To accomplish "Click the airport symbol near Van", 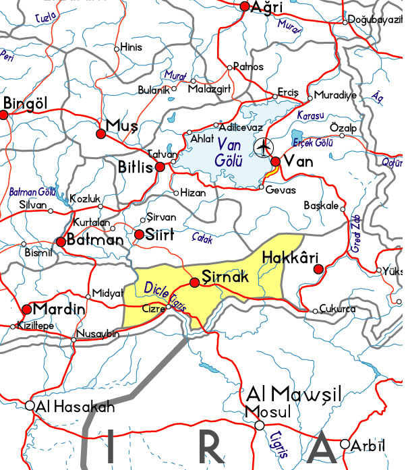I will pos(264,146).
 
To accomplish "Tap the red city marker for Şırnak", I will pos(195,283).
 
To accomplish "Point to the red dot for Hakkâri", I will pos(319,270).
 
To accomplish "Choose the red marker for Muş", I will pos(102,134).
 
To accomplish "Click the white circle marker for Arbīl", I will pos(345,444).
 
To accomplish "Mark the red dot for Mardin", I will pos(27,310).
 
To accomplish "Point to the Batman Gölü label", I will pos(32,192).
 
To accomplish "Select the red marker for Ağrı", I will pos(245,7).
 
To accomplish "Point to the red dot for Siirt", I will pos(139,235).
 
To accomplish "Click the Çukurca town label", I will pos(338,310).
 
